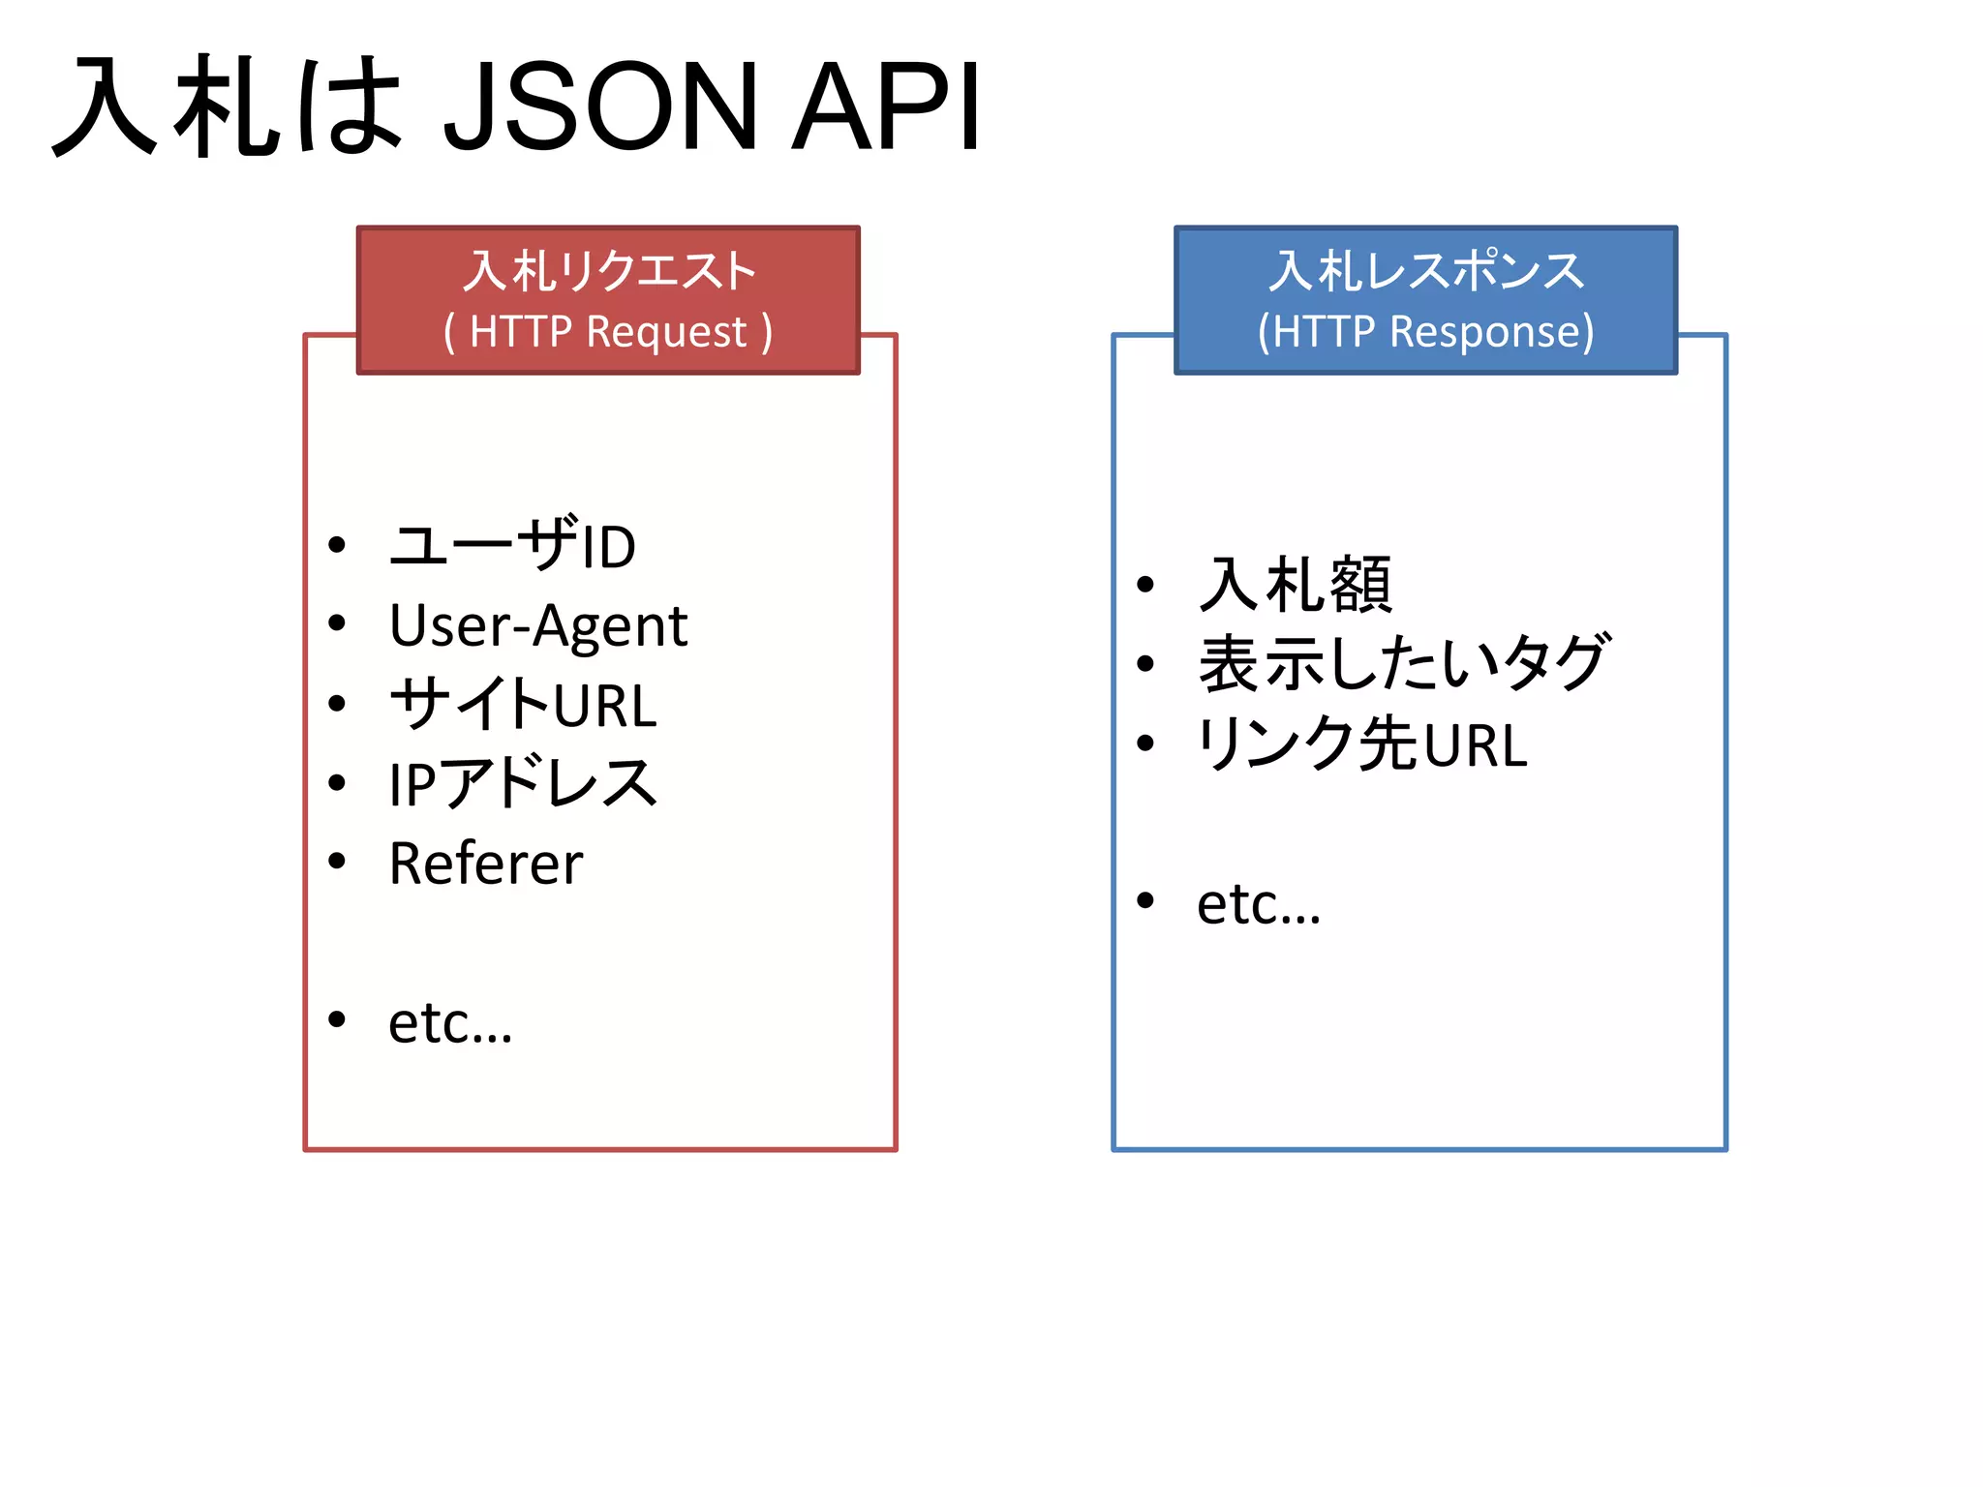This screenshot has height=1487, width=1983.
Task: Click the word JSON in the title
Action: coord(600,106)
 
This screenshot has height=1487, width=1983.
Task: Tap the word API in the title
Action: coord(886,106)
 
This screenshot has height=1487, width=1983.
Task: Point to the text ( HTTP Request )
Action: coord(608,332)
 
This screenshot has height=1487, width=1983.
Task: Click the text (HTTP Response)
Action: coord(1425,332)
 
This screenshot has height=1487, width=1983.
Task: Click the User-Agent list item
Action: coord(537,625)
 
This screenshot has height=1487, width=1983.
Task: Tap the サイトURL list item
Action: coord(523,704)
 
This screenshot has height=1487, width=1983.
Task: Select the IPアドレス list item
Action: coord(523,783)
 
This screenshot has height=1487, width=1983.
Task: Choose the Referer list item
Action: coord(486,863)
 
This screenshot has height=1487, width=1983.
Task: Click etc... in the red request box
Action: coord(450,1022)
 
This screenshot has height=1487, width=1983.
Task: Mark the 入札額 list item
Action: coord(1295,585)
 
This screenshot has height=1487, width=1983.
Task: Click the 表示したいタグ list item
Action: coord(1404,664)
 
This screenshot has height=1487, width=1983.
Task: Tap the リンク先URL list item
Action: coord(1362,743)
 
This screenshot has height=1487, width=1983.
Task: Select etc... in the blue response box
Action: coord(1259,903)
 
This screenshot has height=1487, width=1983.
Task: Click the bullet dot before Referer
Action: coord(337,861)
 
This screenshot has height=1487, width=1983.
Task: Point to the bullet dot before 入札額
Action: coord(1146,584)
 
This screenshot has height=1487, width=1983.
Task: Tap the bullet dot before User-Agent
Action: coord(337,622)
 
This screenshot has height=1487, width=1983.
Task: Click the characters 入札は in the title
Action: coord(228,106)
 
